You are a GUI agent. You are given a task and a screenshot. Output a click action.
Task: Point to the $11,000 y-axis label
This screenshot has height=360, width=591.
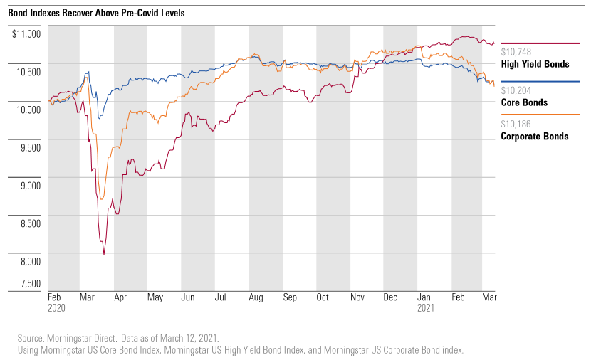tap(26, 33)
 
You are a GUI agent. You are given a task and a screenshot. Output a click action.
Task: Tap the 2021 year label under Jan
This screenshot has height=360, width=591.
tap(425, 309)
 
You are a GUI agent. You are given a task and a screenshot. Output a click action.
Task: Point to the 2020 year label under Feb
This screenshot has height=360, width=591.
tap(57, 309)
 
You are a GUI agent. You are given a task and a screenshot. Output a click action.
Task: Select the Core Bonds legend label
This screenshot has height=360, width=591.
tap(524, 102)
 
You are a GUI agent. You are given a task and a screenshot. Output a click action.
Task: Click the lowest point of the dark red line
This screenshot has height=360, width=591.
tap(104, 254)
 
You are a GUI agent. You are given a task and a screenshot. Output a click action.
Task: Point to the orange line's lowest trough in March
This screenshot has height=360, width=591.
tap(101, 198)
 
